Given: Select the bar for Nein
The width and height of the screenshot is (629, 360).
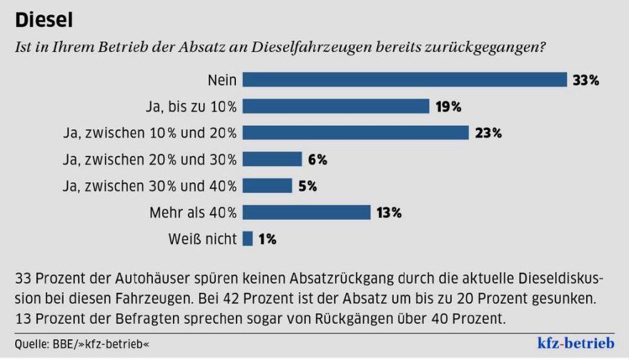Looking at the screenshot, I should pyautogui.click(x=405, y=80).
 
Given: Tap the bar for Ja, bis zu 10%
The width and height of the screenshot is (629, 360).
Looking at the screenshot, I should pyautogui.click(x=336, y=106).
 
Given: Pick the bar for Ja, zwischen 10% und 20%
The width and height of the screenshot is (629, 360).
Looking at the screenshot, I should pyautogui.click(x=355, y=133).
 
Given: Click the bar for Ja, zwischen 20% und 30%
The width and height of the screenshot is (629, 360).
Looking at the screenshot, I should pyautogui.click(x=272, y=159).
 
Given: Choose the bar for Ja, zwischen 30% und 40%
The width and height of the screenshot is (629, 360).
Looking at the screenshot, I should pyautogui.click(x=267, y=186).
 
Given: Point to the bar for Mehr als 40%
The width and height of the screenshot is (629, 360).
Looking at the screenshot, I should pyautogui.click(x=307, y=212).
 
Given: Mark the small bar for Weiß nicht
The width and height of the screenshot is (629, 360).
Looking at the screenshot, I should pyautogui.click(x=248, y=239).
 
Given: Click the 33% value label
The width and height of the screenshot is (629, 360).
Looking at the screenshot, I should pyautogui.click(x=585, y=81).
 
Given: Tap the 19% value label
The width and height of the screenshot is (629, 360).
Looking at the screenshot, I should pyautogui.click(x=447, y=107).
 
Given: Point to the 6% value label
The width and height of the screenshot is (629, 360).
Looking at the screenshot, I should pyautogui.click(x=317, y=160).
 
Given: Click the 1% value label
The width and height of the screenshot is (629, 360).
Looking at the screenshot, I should pyautogui.click(x=267, y=239).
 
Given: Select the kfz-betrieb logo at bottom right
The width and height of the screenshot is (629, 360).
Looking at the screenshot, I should pyautogui.click(x=575, y=341).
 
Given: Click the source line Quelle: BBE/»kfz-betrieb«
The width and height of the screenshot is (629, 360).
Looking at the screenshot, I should pyautogui.click(x=82, y=344).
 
